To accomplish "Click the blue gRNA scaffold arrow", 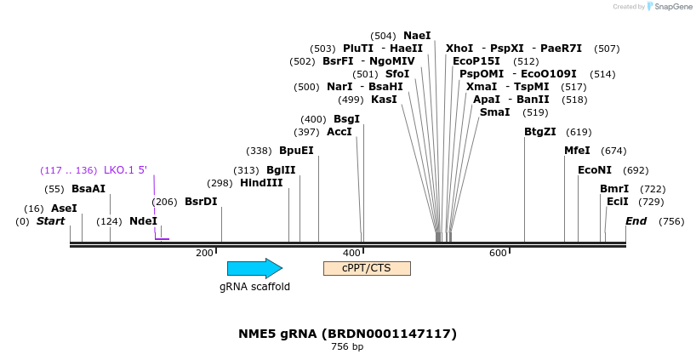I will coord(254,268).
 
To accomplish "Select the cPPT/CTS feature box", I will coord(367,268).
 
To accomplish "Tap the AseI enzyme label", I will coord(64,208).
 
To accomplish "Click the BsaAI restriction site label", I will coord(88,188).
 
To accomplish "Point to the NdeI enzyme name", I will coord(143,221).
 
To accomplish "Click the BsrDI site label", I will coord(201,202).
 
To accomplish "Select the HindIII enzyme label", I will coord(261,182).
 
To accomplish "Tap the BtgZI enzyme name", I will coord(540,132).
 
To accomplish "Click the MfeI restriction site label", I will coord(577,151).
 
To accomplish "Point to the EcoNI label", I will coord(595,170).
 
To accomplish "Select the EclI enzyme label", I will coord(618,202).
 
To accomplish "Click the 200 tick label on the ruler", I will coord(204,253).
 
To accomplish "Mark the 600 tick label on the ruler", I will coord(498,253).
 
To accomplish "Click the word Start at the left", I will coord(50,221).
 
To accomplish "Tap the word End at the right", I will coord(636,221).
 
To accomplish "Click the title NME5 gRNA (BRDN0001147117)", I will coord(347,333).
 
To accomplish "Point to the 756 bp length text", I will coord(347,346).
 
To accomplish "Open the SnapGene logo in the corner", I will coord(668,7).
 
